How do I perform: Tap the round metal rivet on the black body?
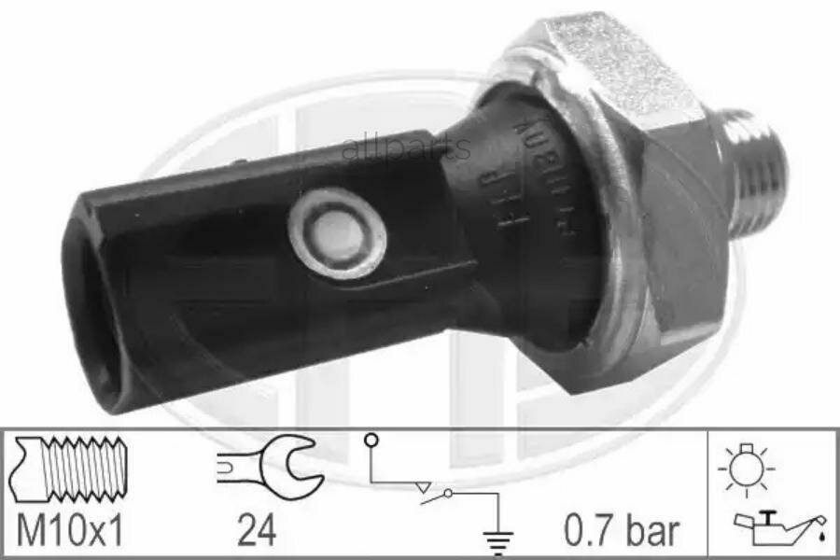337,232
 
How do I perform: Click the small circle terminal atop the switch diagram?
371,440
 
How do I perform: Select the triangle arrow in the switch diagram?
425,486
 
